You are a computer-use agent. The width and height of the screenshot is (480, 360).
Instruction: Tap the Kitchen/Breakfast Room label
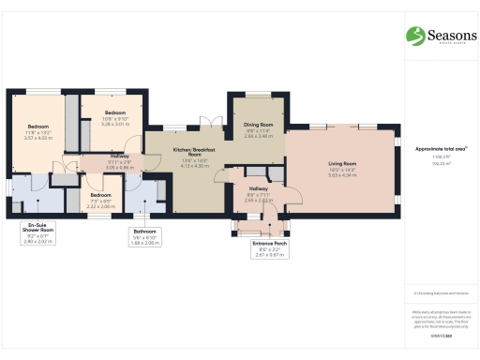198,153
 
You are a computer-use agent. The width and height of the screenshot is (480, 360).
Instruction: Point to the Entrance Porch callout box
270,248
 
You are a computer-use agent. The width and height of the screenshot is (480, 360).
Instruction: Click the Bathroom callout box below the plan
144,235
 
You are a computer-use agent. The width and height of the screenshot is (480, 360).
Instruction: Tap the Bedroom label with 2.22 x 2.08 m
100,195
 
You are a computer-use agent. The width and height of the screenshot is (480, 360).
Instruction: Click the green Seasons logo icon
414,36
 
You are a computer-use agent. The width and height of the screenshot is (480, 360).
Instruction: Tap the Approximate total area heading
441,148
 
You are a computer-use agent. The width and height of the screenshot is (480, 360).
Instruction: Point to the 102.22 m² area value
441,163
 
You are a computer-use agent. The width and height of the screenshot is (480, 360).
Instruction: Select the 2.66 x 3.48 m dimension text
259,136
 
